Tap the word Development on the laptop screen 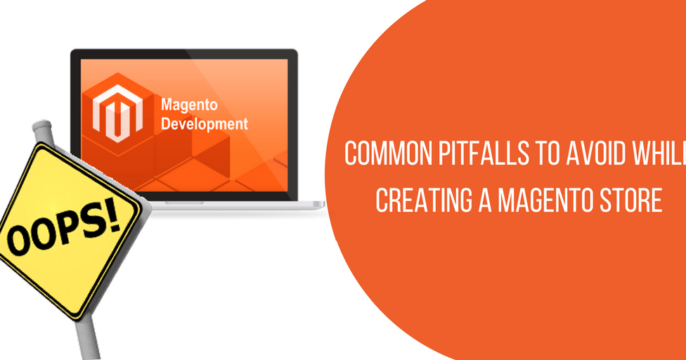pyautogui.click(x=205, y=124)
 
